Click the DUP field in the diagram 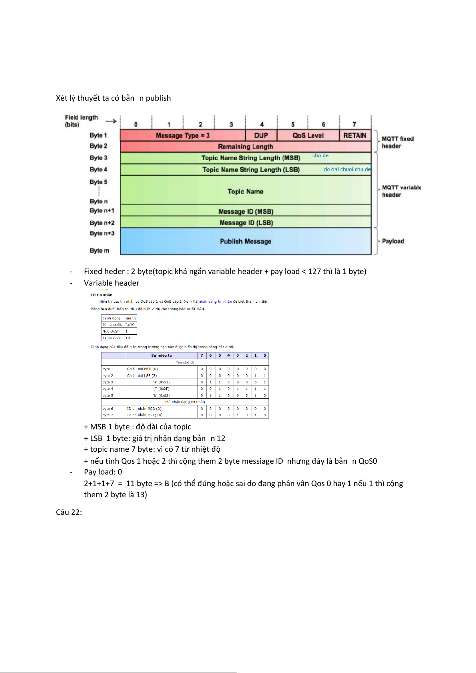[261, 135]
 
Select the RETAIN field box [355, 135]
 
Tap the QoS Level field [308, 135]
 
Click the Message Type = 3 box [183, 135]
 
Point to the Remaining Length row [245, 147]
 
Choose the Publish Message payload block [245, 241]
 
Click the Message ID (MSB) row [245, 211]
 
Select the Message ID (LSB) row [245, 222]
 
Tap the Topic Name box [245, 191]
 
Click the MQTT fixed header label [397, 142]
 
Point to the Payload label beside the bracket [393, 241]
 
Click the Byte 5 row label [98, 182]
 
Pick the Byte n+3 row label [102, 233]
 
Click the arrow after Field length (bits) [111, 121]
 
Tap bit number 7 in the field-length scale [354, 125]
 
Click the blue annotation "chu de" [320, 155]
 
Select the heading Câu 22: [69, 512]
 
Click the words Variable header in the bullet [112, 283]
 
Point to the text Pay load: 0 [103, 472]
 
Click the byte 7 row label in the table [108, 415]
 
